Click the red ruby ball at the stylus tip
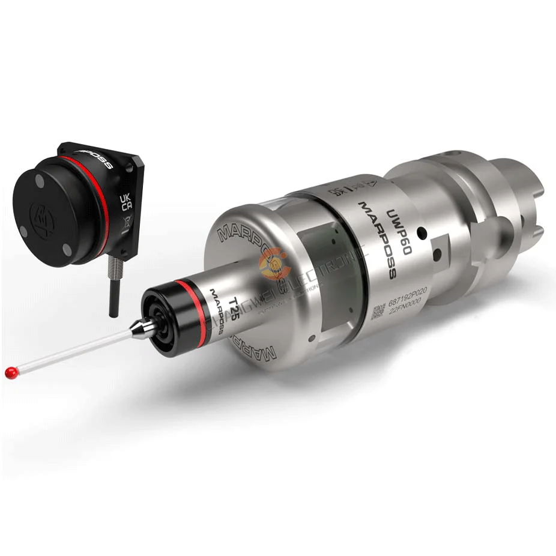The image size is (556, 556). pos(10,372)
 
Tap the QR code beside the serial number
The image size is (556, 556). pos(378,312)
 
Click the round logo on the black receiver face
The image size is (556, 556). pos(43,214)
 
